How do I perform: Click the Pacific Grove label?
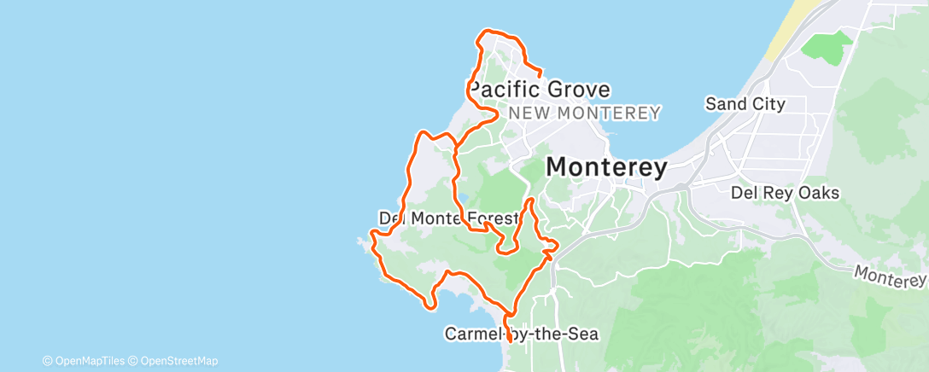point(539,90)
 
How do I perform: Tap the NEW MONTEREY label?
point(584,113)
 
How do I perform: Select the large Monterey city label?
point(605,167)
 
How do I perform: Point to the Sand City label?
point(745,104)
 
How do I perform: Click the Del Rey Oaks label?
point(785,193)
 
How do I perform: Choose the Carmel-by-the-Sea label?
point(522,334)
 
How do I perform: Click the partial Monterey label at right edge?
point(891,276)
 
